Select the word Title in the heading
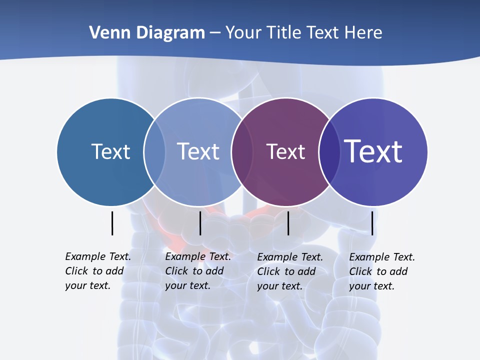(283, 33)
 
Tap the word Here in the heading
(363, 33)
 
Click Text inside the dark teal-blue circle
(110, 151)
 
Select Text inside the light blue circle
(198, 151)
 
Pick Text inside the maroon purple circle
(285, 151)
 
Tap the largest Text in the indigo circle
(373, 151)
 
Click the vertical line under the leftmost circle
(112, 223)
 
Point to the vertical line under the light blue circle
(200, 223)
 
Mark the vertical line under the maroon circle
(288, 223)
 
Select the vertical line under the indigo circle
(372, 223)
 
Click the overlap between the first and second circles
(154, 152)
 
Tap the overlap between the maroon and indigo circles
(329, 152)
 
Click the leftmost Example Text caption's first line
(98, 256)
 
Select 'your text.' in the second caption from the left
(187, 285)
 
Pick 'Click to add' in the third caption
(286, 271)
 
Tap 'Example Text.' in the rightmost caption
(382, 257)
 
